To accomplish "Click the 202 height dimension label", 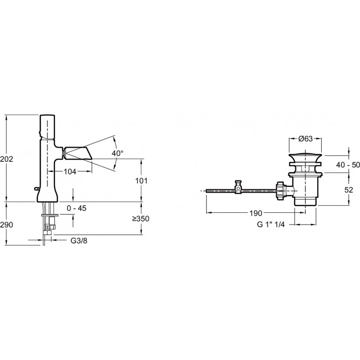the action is tap(7, 159).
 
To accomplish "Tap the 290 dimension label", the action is tap(7, 225).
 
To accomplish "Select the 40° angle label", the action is tap(117, 153).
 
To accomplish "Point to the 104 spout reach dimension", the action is tap(70, 171).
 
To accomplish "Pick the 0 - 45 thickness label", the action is tap(76, 208).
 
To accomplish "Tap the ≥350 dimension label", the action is tap(141, 219).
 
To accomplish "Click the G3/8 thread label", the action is tap(79, 241).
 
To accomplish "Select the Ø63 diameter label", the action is tap(306, 139).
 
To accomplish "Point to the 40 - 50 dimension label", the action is tap(348, 164).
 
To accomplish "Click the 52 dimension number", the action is tap(348, 190).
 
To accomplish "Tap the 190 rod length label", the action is tap(256, 213).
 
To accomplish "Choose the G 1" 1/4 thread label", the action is tap(271, 224).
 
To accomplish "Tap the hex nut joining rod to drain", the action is tap(280, 190).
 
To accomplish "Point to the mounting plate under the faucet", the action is tap(50, 216).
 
